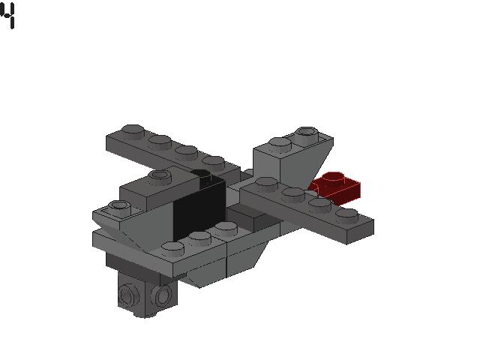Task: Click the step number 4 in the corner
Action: point(8,16)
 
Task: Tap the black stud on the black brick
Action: point(200,174)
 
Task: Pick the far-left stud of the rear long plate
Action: point(132,130)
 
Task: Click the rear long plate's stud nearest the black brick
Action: point(214,161)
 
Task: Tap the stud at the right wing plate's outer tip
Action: point(346,214)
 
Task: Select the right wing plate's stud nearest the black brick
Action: point(266,182)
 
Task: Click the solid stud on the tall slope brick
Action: point(280,142)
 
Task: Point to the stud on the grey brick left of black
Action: point(159,176)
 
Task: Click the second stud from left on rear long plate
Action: point(160,140)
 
